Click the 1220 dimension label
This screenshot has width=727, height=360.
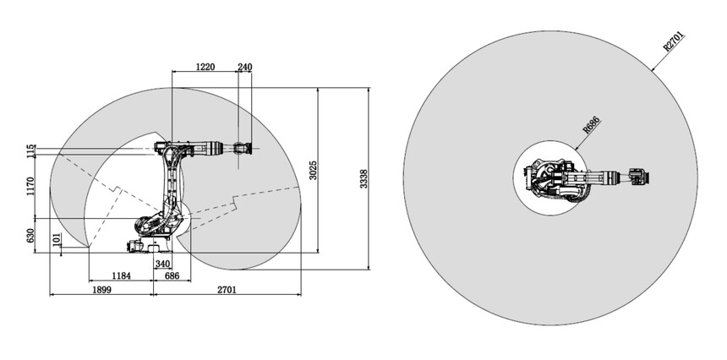(205, 67)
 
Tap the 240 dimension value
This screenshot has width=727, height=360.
(245, 67)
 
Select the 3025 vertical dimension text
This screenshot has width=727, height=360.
(313, 171)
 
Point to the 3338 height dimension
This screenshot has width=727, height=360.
(364, 179)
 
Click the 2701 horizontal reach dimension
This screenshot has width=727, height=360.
(227, 290)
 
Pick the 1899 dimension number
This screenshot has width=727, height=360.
(101, 290)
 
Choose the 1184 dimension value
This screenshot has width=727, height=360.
(121, 275)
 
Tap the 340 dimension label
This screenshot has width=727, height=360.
(162, 265)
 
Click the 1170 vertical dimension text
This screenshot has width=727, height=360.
(30, 186)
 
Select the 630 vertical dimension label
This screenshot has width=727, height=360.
(30, 236)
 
